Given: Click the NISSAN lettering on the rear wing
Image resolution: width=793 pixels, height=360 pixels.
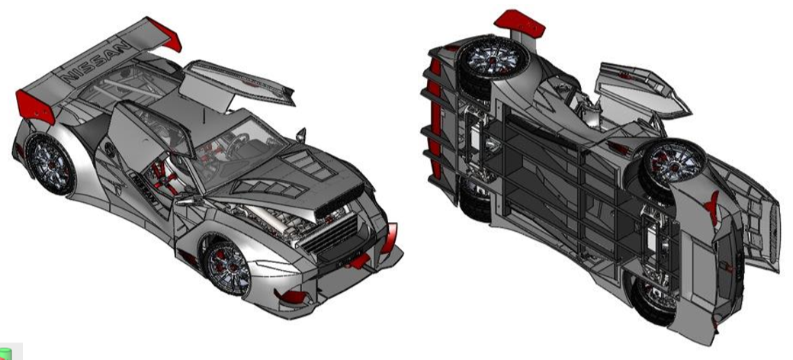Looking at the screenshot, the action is (96, 61).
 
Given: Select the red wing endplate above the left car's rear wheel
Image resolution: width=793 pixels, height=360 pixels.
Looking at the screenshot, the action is (35, 106).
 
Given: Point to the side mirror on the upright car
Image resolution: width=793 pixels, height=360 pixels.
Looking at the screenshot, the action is (301, 134).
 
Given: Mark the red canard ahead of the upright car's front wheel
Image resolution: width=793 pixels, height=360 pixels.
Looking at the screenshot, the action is (291, 297).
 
